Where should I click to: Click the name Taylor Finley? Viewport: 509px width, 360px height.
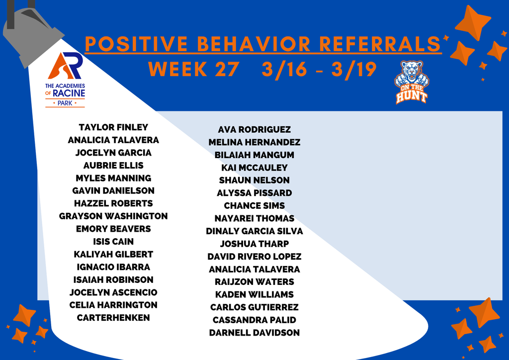tap(113, 127)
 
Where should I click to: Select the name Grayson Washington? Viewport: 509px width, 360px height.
tap(113, 216)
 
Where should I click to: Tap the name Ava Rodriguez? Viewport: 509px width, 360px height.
tap(254, 130)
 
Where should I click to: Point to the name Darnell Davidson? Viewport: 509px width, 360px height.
tap(254, 333)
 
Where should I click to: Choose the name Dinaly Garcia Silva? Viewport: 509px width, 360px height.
tap(254, 231)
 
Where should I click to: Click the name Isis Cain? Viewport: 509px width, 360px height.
tap(113, 242)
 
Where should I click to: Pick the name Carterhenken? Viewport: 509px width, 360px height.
tap(113, 318)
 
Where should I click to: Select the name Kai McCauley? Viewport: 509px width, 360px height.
tap(254, 168)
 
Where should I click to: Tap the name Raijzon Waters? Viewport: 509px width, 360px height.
tap(254, 282)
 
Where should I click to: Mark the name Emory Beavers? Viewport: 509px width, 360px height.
tap(113, 229)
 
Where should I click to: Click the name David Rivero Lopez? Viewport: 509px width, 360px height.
tap(254, 257)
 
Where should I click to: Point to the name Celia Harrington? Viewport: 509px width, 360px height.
tap(113, 305)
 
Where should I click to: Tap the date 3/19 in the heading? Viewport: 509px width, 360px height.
tap(354, 69)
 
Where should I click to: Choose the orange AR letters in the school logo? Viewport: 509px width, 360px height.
tap(65, 66)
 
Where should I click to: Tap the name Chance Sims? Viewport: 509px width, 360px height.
tap(254, 206)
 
